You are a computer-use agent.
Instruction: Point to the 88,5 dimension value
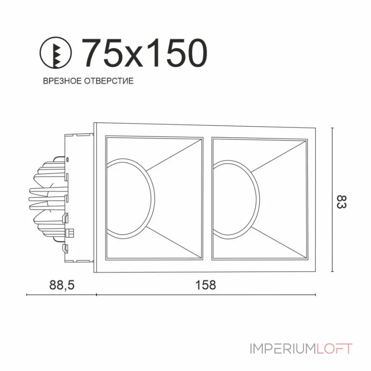61,284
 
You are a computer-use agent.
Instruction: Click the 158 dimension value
205,284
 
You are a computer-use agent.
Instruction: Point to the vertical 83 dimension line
333,199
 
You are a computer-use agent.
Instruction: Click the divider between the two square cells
207,198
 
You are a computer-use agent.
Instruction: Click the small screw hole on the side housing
68,159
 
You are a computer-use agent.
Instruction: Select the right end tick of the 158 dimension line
316,294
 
